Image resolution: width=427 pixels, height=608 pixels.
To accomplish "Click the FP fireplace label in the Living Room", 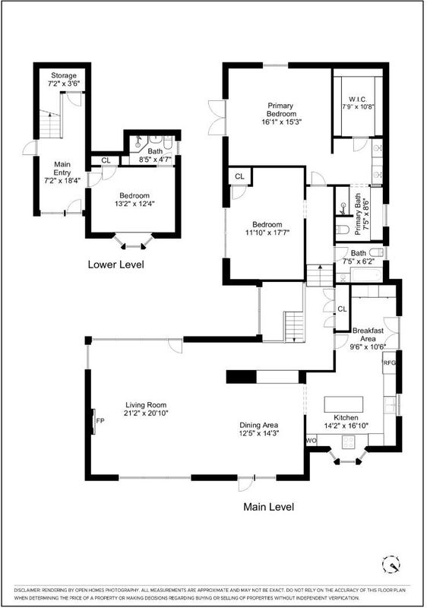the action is [100, 420].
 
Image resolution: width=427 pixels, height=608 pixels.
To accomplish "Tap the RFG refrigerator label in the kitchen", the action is [390, 363].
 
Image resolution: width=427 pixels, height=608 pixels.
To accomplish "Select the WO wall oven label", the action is [312, 441].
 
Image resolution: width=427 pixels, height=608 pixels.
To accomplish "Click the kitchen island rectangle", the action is [343, 404].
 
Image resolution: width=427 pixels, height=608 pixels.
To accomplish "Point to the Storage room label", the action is [64, 75].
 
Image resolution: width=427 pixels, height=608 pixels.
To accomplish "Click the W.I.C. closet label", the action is [358, 100].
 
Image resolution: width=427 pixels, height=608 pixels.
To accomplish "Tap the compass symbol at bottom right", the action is [391, 564].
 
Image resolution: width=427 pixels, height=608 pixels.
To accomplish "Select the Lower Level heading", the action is [115, 264].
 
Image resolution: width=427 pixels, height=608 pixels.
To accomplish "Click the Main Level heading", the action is [268, 507].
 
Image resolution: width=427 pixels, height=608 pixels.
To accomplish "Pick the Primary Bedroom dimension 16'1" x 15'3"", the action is [282, 122].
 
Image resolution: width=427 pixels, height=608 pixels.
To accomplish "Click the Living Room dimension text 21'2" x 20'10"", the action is [146, 413].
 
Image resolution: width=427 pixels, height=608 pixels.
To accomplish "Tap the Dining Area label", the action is [259, 425].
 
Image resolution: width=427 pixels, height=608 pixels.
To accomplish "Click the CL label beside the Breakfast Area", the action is [342, 309].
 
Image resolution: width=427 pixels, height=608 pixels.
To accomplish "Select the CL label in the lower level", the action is [106, 160].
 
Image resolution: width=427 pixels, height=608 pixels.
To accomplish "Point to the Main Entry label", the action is [62, 168].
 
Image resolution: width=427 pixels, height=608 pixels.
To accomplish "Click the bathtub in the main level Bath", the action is [366, 275].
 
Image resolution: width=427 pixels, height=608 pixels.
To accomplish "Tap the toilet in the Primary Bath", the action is [343, 230].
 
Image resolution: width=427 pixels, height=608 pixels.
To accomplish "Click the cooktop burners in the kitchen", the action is [349, 442].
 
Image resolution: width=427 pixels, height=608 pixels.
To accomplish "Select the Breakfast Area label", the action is [368, 334].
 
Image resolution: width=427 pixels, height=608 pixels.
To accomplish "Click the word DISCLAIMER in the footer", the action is [27, 590].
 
